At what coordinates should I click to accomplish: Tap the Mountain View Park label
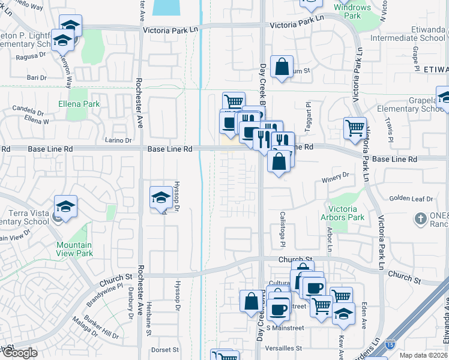tap(74, 249)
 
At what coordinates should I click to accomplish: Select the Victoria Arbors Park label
tap(347, 214)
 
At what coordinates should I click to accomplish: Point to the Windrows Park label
tap(353, 11)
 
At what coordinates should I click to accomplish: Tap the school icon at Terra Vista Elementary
tap(65, 207)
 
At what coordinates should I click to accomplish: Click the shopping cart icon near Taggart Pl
tap(355, 128)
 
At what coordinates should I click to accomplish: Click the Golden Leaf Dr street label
tap(411, 199)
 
